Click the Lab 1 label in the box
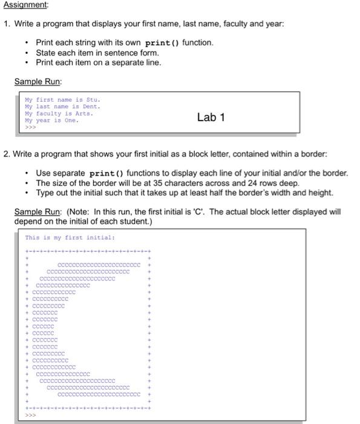[x=211, y=118]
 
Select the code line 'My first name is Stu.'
[x=63, y=99]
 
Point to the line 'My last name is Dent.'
[x=62, y=107]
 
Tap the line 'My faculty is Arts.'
[x=59, y=113]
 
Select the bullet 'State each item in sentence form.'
[x=97, y=53]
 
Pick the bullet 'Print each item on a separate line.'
[x=99, y=62]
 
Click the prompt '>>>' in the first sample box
[x=30, y=127]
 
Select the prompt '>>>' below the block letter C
[x=30, y=416]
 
